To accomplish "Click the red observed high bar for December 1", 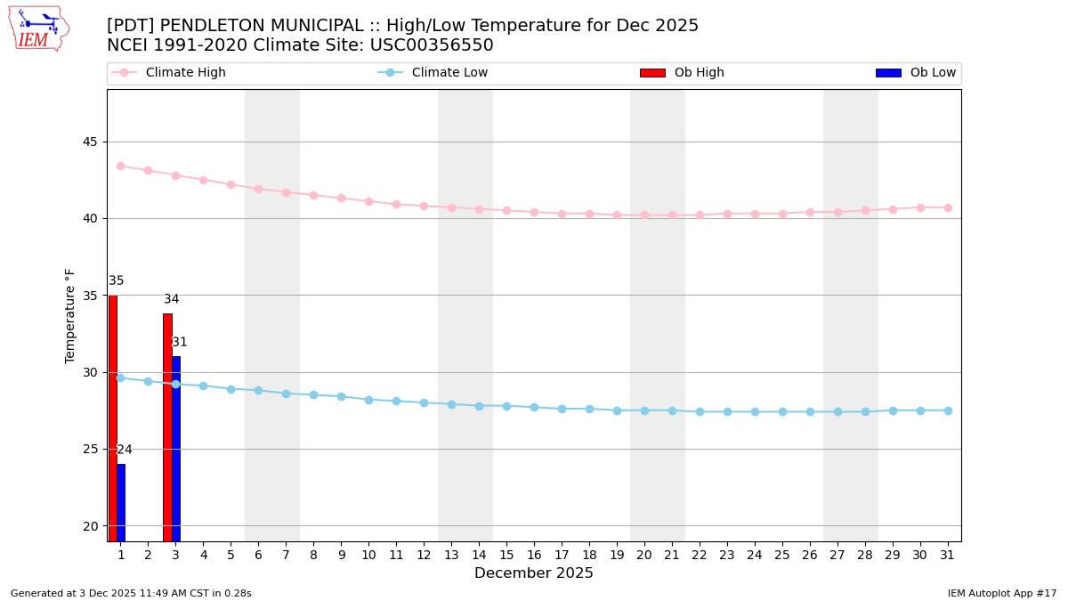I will click(x=113, y=418).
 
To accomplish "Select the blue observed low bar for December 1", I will click(x=121, y=503).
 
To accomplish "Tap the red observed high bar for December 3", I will click(x=167, y=427).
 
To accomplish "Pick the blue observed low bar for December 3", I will click(x=176, y=450).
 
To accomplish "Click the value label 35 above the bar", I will click(x=117, y=281).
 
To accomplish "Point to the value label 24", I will click(x=125, y=451).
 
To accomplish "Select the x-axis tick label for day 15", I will click(x=506, y=556).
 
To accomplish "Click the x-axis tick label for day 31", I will click(x=948, y=556).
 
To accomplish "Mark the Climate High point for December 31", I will click(x=948, y=207).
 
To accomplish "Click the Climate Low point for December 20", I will click(x=644, y=410).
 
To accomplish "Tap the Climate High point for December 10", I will click(x=368, y=201).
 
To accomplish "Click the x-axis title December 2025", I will click(x=534, y=574).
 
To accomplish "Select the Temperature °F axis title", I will click(x=70, y=315).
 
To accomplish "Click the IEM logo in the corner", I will click(x=38, y=28).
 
